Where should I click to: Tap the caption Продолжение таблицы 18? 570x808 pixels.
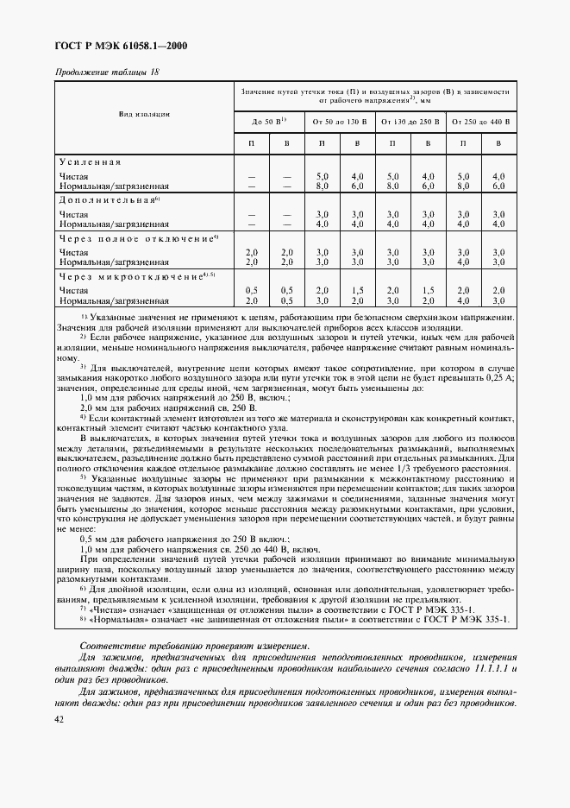108,72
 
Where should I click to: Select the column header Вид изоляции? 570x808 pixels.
145,114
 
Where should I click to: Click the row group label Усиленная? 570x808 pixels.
90,162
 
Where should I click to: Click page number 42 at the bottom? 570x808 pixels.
60,719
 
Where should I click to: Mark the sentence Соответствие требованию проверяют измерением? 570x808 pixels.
182,647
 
